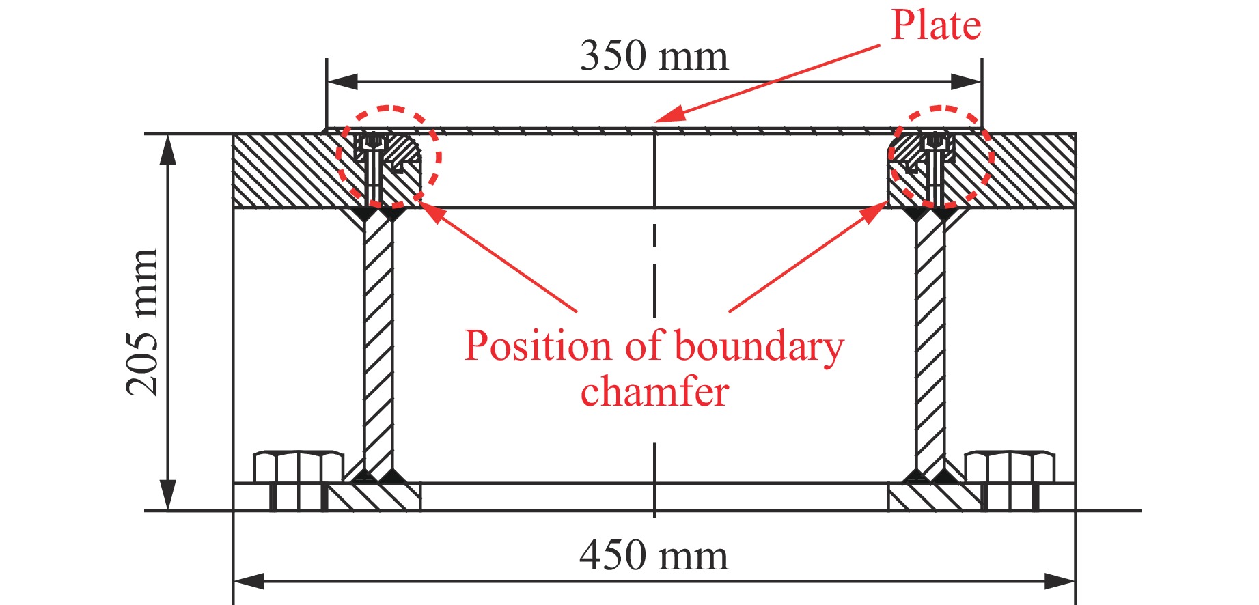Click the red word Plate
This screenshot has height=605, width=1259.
point(936,26)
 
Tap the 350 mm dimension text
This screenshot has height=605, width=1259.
point(654,56)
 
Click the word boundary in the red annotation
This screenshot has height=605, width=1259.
point(758,347)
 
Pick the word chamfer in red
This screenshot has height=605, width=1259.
point(654,392)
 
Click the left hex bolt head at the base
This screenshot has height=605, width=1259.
point(299,468)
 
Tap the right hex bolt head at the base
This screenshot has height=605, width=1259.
point(1010,468)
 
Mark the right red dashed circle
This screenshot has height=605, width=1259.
point(941,156)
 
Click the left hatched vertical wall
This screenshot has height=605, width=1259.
point(378,341)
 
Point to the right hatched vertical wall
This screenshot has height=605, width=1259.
point(930,341)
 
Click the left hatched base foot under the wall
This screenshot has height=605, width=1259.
point(374,496)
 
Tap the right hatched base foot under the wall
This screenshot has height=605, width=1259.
point(935,496)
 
